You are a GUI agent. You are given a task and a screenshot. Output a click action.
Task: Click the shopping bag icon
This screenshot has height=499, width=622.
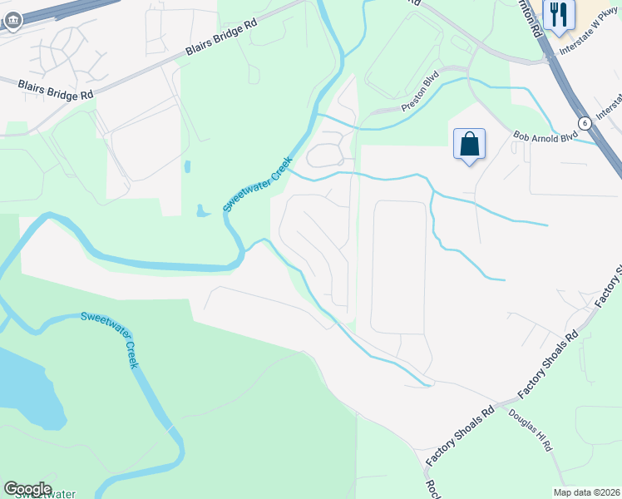[469, 144]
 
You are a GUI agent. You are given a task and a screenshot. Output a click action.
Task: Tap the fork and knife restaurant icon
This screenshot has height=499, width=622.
[557, 14]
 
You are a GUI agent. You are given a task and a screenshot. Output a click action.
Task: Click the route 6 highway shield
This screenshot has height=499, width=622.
[585, 122]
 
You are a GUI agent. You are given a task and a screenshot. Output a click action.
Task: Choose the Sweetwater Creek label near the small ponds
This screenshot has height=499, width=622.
[258, 184]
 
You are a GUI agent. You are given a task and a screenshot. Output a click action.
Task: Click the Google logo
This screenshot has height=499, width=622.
[27, 489]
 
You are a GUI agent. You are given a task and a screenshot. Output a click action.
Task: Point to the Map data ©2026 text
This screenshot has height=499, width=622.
[585, 492]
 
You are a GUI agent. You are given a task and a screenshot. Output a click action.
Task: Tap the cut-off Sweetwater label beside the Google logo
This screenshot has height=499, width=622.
[45, 495]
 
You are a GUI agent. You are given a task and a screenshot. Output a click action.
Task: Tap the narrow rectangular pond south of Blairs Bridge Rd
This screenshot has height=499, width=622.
[186, 166]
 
